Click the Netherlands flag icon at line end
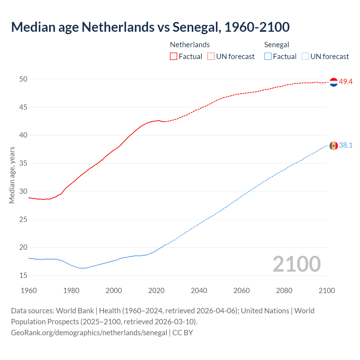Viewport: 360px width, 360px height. pos(334,82)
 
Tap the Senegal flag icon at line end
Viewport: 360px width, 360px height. pos(334,146)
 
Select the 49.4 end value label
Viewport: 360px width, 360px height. pos(346,82)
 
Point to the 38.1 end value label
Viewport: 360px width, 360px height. pos(346,145)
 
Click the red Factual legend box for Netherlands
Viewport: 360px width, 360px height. pos(174,57)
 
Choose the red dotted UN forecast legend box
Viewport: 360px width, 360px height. pos(211,57)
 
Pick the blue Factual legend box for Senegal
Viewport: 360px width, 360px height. pos(268,57)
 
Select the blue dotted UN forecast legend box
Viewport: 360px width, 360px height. pos(305,57)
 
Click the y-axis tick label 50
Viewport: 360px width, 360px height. pos(23,79)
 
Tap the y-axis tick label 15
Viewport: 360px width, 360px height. pos(23,276)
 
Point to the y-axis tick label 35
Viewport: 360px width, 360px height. pos(23,163)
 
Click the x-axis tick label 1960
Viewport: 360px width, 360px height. pos(29,291)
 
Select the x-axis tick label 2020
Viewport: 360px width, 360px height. pos(156,291)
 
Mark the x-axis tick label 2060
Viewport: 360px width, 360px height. pos(242,291)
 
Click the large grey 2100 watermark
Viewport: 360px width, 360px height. pos(296,264)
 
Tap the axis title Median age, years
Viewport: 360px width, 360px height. pos(12,175)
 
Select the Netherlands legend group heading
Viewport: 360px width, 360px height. pos(190,45)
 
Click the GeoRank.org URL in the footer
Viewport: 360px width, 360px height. pos(89,333)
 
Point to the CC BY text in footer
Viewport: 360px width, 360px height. pos(183,333)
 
